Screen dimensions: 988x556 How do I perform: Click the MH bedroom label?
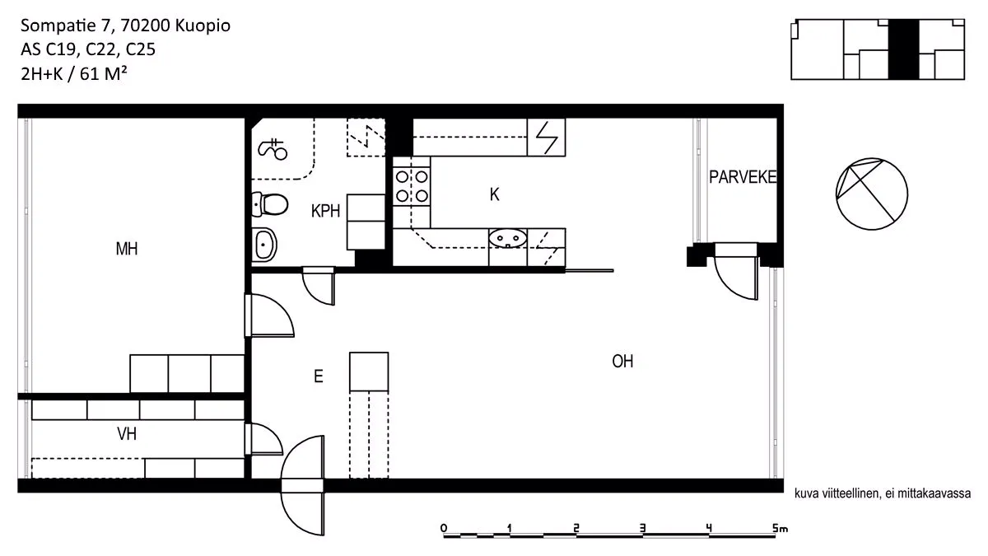pyautogui.click(x=127, y=249)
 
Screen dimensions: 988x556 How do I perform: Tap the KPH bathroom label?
pyautogui.click(x=325, y=212)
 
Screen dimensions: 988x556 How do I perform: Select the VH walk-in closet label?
pyautogui.click(x=127, y=434)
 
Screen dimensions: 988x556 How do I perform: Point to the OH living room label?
pyautogui.click(x=622, y=362)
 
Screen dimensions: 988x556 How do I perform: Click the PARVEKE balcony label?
pyautogui.click(x=743, y=177)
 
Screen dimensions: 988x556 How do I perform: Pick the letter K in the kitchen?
pyautogui.click(x=494, y=194)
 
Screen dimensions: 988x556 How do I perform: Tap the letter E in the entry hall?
pyautogui.click(x=318, y=376)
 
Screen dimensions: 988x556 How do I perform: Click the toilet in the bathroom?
pyautogui.click(x=269, y=204)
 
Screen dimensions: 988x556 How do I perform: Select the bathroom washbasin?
pyautogui.click(x=264, y=244)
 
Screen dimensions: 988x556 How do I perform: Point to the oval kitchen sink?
pyautogui.click(x=507, y=238)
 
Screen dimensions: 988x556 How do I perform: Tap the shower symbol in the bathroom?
pyautogui.click(x=273, y=149)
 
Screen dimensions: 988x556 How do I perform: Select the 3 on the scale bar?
pyautogui.click(x=643, y=528)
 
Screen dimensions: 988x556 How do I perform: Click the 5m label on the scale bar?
pyautogui.click(x=780, y=528)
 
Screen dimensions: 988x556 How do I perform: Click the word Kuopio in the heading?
pyautogui.click(x=203, y=26)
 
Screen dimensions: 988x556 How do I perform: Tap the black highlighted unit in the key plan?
pyautogui.click(x=903, y=49)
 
